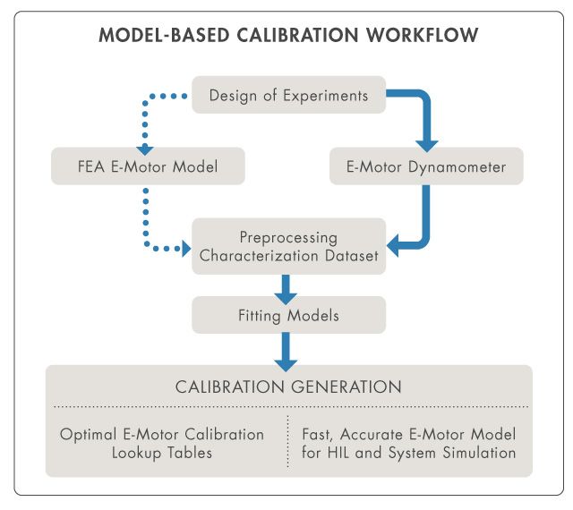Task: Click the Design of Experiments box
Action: pyautogui.click(x=287, y=95)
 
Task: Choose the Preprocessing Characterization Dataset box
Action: pyautogui.click(x=287, y=246)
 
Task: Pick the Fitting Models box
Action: pyautogui.click(x=287, y=316)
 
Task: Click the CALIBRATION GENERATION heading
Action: pyautogui.click(x=287, y=387)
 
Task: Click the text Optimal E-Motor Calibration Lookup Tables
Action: pyautogui.click(x=162, y=443)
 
